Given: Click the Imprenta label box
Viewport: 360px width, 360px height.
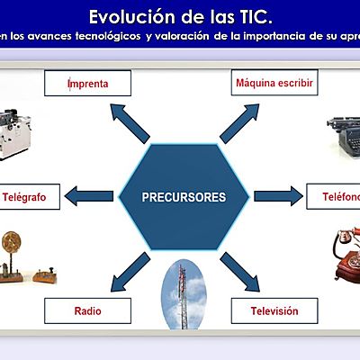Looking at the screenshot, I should [87, 84].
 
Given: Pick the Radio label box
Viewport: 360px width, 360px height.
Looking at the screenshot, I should [87, 311].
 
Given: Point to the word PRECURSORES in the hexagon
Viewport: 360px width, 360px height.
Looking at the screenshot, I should [184, 196].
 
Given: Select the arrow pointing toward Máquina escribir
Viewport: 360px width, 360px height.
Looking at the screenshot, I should [238, 119].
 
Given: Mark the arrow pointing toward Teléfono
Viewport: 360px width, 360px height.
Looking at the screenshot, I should [276, 195].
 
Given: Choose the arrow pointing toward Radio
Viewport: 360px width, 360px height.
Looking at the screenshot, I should [131, 269].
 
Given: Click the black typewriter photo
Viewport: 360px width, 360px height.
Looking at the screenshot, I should [342, 138].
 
